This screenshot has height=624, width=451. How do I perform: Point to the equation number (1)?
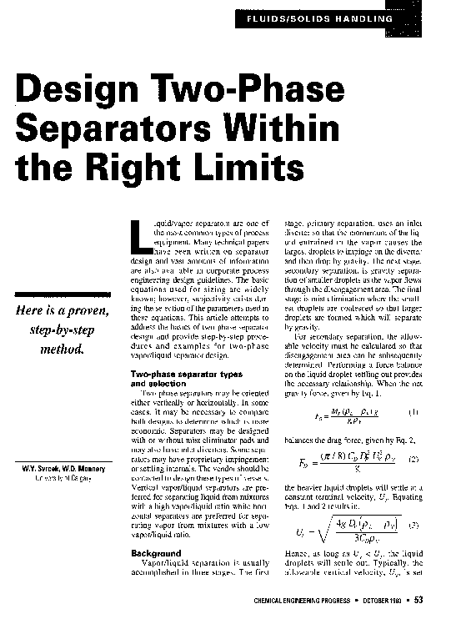tap(413, 410)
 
